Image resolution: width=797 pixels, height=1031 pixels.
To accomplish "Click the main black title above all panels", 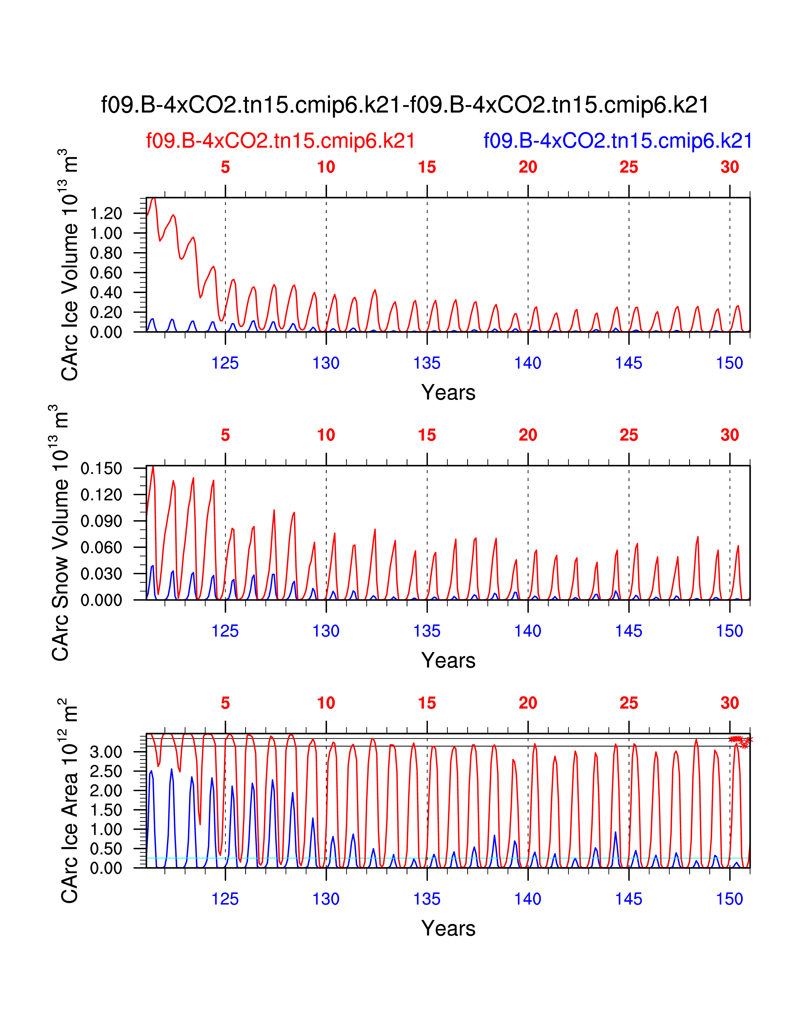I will click(x=405, y=105).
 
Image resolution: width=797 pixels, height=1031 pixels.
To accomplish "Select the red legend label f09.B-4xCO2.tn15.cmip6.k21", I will click(x=280, y=141).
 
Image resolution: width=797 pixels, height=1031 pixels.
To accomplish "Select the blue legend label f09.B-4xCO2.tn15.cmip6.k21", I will click(x=618, y=141).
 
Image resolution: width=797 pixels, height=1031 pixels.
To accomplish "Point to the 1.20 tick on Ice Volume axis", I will click(x=106, y=213).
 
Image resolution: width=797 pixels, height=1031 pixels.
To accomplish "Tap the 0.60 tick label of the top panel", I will click(x=106, y=273).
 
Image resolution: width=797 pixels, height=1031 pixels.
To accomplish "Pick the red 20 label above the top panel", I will click(x=528, y=167).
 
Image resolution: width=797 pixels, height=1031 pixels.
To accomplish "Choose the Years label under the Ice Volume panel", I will click(x=448, y=393).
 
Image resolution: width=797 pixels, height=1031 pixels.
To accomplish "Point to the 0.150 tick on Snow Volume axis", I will click(x=102, y=469).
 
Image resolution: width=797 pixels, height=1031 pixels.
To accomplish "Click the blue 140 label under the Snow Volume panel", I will click(x=528, y=631).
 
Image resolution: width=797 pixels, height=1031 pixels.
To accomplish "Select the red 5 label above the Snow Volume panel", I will click(x=225, y=435).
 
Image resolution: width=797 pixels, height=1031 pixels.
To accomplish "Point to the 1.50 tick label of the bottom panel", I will click(x=106, y=810).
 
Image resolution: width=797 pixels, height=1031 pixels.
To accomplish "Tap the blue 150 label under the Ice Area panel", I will click(x=729, y=899).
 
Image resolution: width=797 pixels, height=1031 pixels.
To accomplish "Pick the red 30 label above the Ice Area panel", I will click(x=729, y=703).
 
